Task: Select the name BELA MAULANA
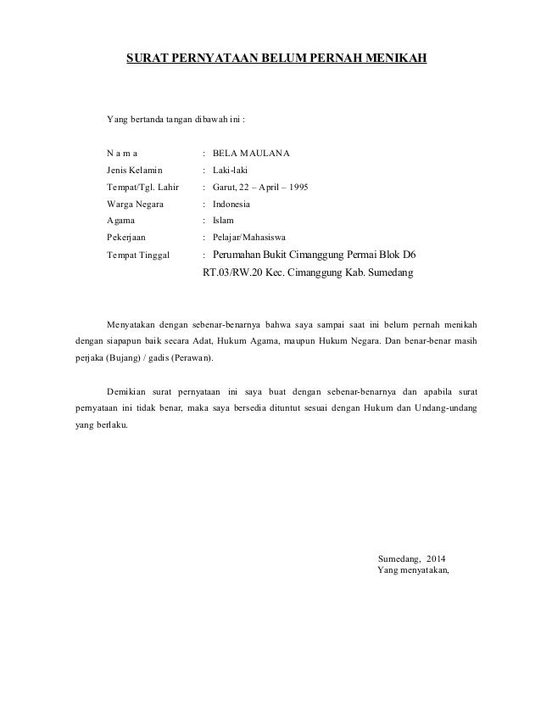click(x=251, y=154)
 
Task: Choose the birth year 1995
click(x=297, y=187)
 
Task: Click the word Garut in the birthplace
click(x=225, y=187)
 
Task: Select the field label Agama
click(x=121, y=220)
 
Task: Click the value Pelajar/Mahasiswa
click(x=249, y=238)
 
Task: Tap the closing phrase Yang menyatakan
click(x=413, y=570)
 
